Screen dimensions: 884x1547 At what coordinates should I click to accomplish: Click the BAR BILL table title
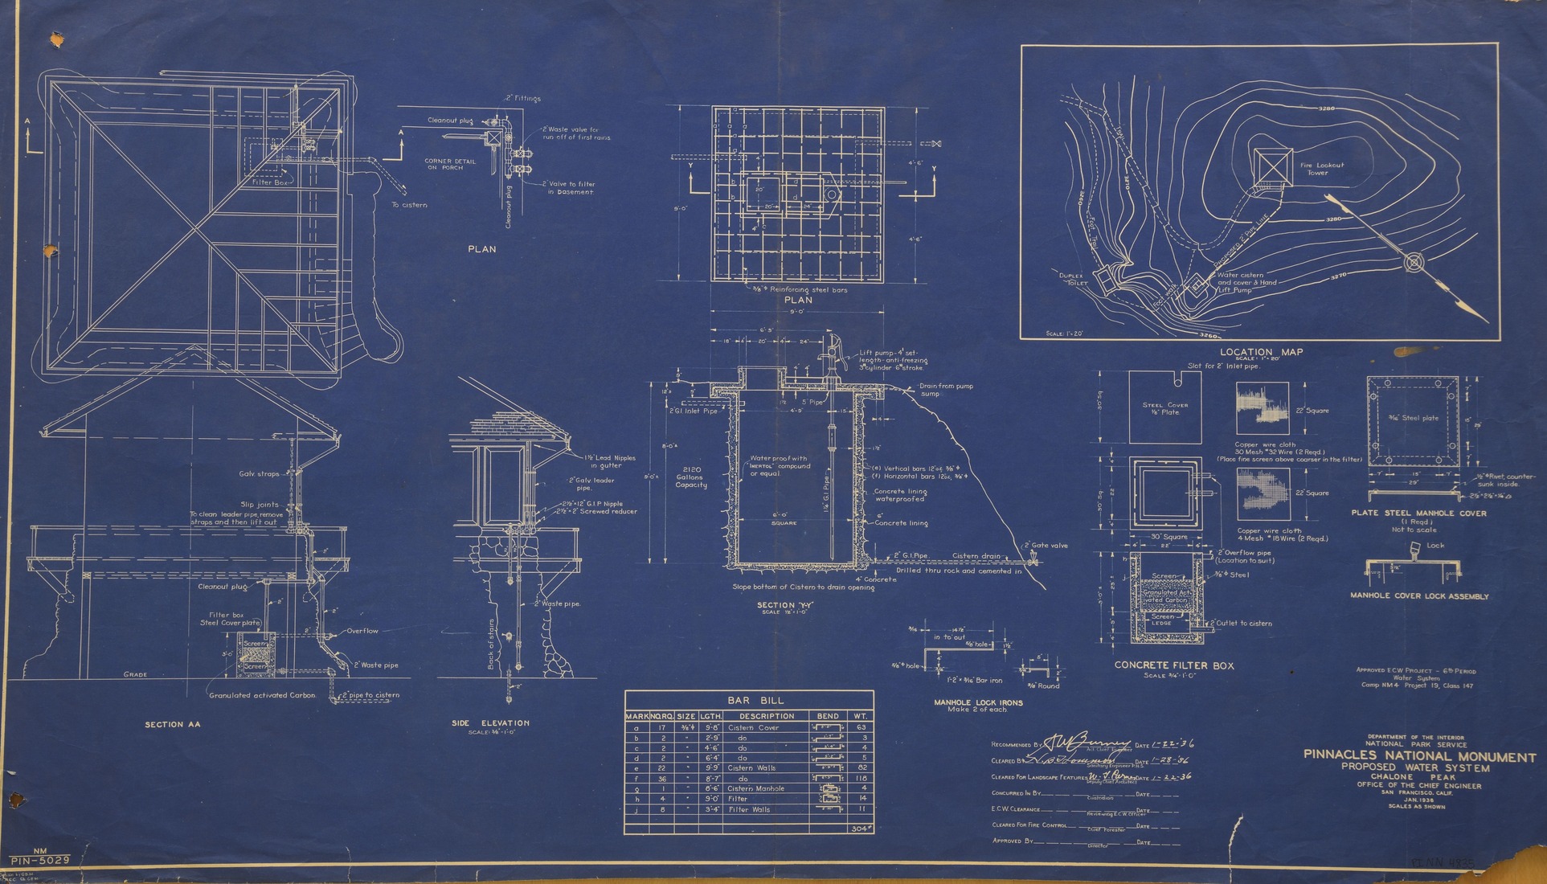click(749, 700)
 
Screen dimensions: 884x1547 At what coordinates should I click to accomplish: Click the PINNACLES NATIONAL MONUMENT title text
click(1419, 757)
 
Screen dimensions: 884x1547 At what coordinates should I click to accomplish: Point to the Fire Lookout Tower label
click(1322, 169)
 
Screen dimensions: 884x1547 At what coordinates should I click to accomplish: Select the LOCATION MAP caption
click(1261, 352)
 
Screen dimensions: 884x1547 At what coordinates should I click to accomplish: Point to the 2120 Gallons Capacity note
click(690, 477)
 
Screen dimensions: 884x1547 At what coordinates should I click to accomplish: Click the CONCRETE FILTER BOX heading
click(1173, 665)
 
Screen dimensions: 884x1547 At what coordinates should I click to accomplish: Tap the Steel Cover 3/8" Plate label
click(1164, 408)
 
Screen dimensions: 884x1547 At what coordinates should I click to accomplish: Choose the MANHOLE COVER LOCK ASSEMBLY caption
click(1419, 596)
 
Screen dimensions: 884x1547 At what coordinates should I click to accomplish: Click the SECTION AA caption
click(172, 724)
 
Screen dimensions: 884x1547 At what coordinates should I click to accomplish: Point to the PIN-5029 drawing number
click(40, 860)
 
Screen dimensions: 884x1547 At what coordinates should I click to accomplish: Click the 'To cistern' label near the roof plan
click(409, 205)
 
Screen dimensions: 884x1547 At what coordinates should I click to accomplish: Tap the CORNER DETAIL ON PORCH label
click(450, 164)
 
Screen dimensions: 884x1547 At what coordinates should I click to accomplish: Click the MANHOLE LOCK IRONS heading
click(978, 702)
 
